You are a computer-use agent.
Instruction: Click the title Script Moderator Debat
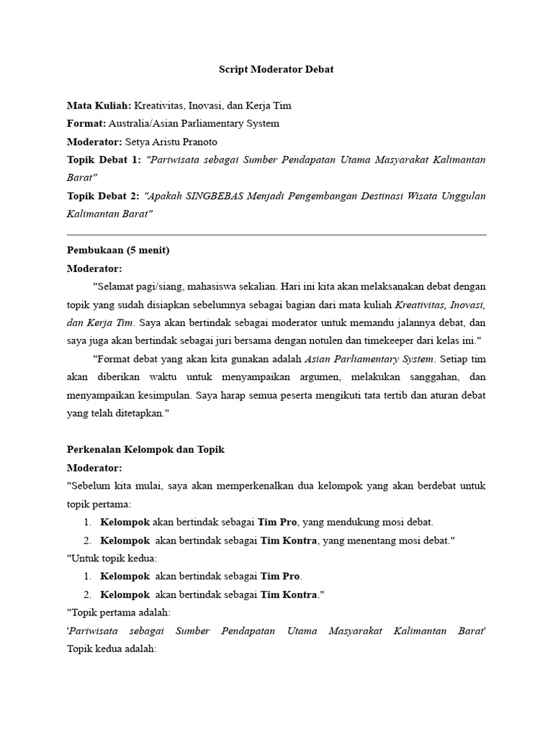coord(276,70)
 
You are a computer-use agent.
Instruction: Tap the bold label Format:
coord(86,124)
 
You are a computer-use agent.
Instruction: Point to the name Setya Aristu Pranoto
coord(171,142)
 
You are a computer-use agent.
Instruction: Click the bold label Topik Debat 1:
coord(104,160)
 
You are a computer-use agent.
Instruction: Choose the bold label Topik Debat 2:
coord(104,196)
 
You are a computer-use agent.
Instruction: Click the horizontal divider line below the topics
coord(276,235)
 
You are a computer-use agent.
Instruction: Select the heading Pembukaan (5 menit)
coord(118,250)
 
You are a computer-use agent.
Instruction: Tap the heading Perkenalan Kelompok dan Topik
coord(146,449)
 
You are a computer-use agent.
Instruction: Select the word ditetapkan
coord(140,413)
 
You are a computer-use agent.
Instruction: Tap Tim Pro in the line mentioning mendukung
coord(279,522)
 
